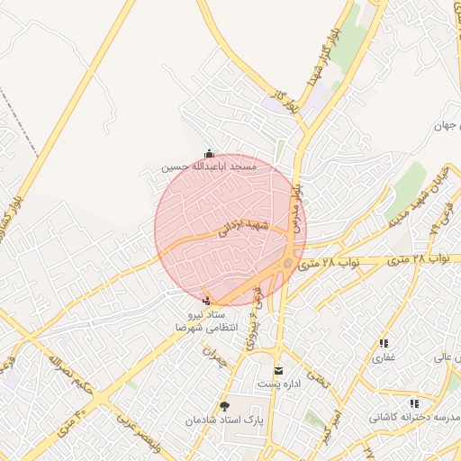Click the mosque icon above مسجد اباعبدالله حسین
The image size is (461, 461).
[x=211, y=153]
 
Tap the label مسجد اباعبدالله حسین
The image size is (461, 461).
[x=210, y=167]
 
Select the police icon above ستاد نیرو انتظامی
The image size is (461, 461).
[x=209, y=301]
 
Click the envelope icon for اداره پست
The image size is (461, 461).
[x=277, y=370]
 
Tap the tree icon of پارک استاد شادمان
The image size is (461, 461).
[x=225, y=407]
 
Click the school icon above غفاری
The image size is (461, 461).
[x=384, y=343]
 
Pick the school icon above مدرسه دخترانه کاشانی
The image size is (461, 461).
[x=413, y=403]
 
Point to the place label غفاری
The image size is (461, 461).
[x=384, y=357]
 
